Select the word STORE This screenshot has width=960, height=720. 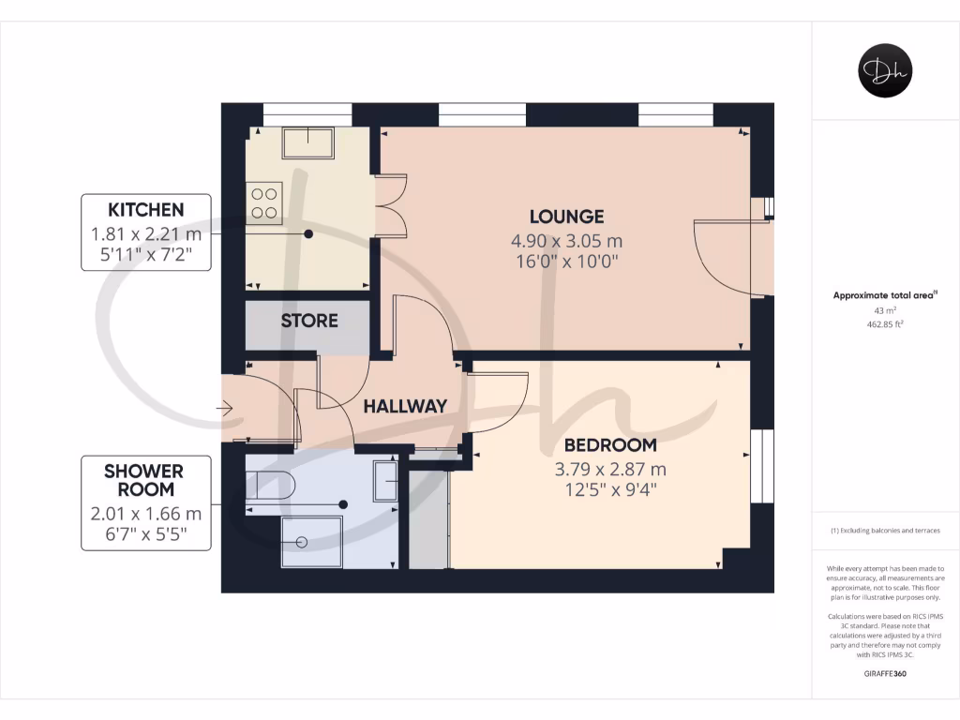coord(309,321)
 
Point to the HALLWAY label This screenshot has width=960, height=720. coord(405,406)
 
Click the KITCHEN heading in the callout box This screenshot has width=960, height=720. coord(145,209)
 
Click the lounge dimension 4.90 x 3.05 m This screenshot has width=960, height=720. coord(565,241)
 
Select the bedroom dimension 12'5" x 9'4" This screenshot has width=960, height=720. coord(610,489)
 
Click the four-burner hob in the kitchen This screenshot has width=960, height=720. coord(264,203)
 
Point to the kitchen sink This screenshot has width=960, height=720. coord(307,142)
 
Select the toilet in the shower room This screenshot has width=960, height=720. coord(271,485)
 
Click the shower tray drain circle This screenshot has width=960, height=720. coord(302,542)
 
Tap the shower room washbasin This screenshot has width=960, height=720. coord(385,482)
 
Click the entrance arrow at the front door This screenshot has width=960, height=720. coord(225,408)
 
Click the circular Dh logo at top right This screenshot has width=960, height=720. coord(885,71)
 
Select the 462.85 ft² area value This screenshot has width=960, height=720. coord(885,323)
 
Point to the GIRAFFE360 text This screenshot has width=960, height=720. coord(885,674)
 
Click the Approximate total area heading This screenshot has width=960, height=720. coord(885,295)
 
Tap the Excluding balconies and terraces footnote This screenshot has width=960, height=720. coord(885,532)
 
